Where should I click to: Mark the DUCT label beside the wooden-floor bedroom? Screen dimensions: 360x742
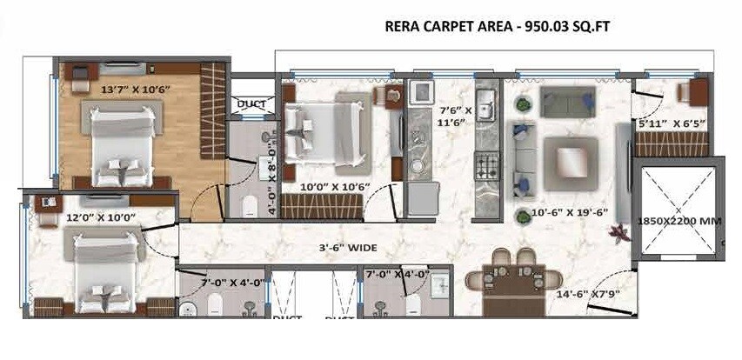(x=252, y=104)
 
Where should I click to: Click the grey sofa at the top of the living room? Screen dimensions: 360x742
(x=567, y=102)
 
